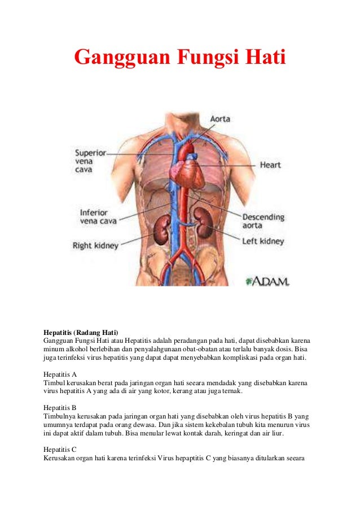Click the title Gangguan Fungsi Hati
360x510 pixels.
point(180,57)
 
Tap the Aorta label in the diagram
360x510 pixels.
point(220,120)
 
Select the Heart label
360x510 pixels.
point(271,165)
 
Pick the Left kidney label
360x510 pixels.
point(264,241)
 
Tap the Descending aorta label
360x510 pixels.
point(264,221)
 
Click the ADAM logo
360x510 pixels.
point(267,281)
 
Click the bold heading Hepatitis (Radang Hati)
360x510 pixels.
point(81,332)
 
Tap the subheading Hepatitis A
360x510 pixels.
point(60,374)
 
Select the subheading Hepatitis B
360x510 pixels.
point(60,407)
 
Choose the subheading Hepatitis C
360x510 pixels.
point(60,448)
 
